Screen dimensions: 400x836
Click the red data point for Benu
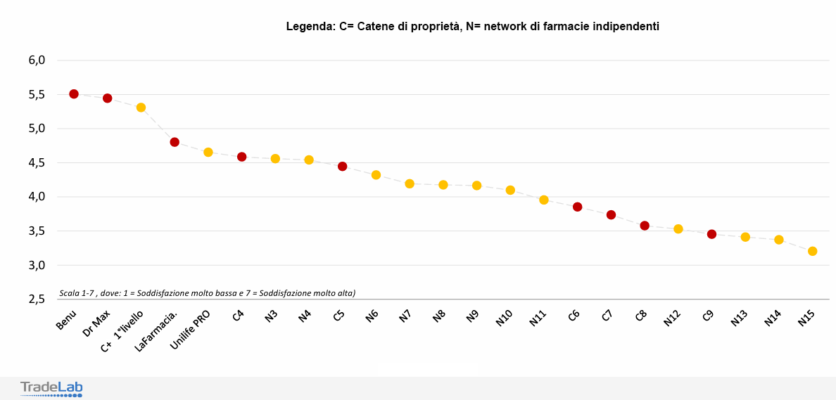[74, 93]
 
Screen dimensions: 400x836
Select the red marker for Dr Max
[108, 98]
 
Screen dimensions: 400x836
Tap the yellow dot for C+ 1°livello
[141, 108]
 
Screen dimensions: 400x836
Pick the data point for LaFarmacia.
[175, 142]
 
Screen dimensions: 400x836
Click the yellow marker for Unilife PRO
[208, 153]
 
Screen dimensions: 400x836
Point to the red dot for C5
[343, 167]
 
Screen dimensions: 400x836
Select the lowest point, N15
[812, 251]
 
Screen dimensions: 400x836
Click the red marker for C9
[711, 234]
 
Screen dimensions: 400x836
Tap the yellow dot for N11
[544, 200]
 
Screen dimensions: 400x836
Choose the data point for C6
[577, 207]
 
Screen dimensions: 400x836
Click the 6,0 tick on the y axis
[37, 60]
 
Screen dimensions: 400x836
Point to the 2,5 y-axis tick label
[37, 299]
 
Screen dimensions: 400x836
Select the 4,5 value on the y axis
[37, 163]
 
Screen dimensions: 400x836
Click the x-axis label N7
[405, 316]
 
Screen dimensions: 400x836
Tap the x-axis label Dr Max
[98, 323]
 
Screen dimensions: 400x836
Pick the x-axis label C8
[640, 316]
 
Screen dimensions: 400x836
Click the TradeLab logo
[51, 388]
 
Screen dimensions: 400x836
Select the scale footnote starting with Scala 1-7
[208, 292]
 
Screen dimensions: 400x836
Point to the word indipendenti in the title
[623, 27]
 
